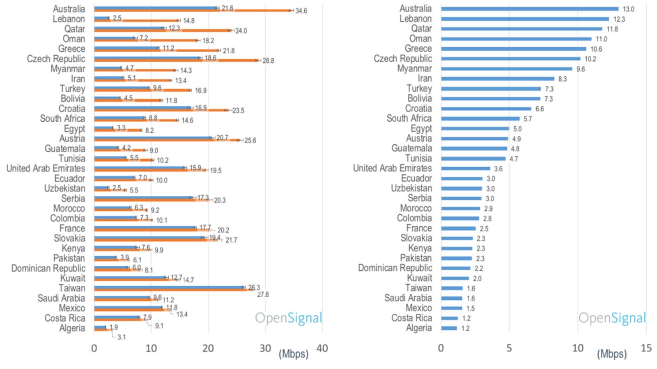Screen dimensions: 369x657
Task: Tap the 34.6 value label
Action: coord(301,11)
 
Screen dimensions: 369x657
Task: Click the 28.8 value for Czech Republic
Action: coord(268,61)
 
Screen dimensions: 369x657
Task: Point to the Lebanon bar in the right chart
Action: coord(525,19)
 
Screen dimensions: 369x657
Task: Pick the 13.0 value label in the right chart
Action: coord(628,9)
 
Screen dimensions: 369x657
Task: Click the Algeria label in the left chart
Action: coord(72,328)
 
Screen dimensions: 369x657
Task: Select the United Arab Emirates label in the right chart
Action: coord(392,168)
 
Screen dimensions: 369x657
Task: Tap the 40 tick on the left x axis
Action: coord(322,348)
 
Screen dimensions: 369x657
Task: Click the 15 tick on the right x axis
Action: coord(646,348)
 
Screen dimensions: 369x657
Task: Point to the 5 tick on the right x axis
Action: coord(509,348)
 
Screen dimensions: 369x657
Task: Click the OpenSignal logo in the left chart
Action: coord(288,318)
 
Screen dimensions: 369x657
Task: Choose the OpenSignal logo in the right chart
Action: coord(612,318)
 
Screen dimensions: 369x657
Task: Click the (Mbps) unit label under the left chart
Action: coord(293,353)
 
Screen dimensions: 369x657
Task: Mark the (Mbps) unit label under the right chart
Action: coord(612,353)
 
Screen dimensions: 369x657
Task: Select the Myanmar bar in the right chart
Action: coord(506,69)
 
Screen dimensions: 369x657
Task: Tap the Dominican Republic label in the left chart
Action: coord(48,268)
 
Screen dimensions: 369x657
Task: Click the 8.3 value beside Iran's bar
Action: coord(563,79)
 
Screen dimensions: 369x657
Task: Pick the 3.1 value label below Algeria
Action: coord(122,337)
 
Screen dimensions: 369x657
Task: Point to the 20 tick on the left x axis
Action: coord(208,348)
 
